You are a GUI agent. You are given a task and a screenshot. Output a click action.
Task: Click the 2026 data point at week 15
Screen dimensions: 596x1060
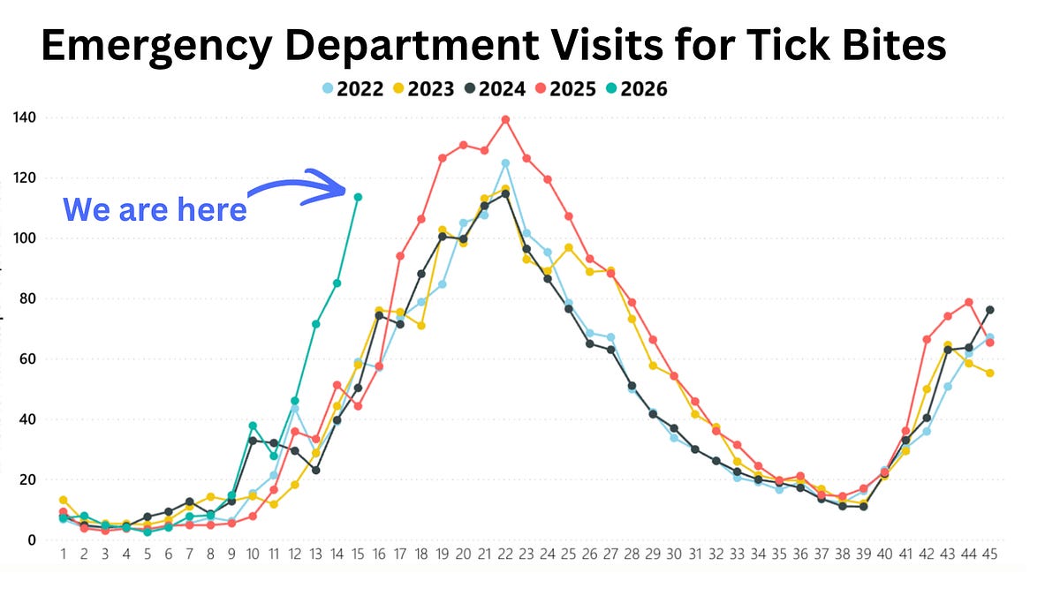point(358,197)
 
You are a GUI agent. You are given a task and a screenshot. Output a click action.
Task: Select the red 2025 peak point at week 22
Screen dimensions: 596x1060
point(505,119)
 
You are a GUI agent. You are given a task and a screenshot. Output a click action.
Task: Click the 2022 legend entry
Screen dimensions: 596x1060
point(352,88)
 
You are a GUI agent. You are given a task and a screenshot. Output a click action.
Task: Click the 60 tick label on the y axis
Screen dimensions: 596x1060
point(26,359)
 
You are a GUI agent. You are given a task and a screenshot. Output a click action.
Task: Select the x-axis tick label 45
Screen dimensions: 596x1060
point(990,555)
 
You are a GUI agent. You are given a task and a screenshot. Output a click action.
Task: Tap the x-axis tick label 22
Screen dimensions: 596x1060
point(505,555)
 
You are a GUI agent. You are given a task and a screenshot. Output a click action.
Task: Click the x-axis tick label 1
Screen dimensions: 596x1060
point(63,555)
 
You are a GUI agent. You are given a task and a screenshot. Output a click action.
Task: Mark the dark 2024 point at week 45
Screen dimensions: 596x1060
point(990,310)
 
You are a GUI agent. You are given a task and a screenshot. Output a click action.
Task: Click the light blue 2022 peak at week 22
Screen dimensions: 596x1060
point(505,163)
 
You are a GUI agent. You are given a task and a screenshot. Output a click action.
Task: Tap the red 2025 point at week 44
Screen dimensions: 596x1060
point(969,302)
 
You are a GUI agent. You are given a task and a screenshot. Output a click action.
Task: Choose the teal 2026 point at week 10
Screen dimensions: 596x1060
point(253,426)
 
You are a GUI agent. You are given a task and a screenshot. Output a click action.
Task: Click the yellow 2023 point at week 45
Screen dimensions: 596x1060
point(990,373)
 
